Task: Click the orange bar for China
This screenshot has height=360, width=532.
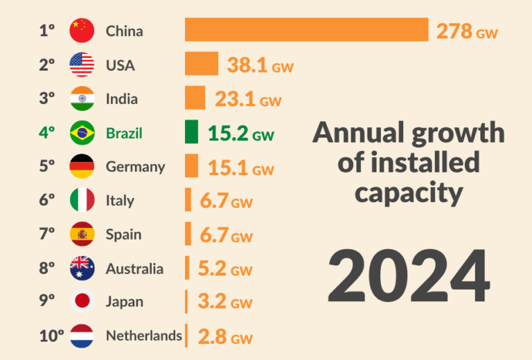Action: tap(306, 30)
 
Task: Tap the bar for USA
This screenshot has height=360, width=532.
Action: tap(202, 64)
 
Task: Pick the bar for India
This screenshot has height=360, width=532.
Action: tap(195, 98)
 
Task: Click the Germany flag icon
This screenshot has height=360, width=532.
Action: tap(82, 167)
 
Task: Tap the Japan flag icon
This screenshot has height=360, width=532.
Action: tap(82, 302)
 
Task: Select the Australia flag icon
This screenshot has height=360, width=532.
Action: tap(82, 268)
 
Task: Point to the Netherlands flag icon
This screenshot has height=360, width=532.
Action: tap(82, 336)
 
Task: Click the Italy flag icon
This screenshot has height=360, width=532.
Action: tap(82, 201)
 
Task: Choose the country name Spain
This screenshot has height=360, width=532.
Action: tap(124, 235)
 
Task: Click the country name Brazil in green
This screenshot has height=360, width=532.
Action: tap(124, 133)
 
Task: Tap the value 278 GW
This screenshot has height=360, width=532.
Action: tap(467, 31)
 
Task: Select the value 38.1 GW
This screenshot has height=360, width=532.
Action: tap(260, 65)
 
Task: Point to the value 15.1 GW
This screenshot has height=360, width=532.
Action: tap(241, 168)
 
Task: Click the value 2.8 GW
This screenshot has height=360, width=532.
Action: tap(225, 337)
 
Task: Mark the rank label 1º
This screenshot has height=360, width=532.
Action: tap(47, 30)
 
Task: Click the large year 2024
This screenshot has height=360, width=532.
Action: tap(409, 275)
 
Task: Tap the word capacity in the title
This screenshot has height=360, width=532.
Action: tap(408, 192)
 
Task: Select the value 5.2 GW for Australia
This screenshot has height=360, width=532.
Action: tap(225, 269)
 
